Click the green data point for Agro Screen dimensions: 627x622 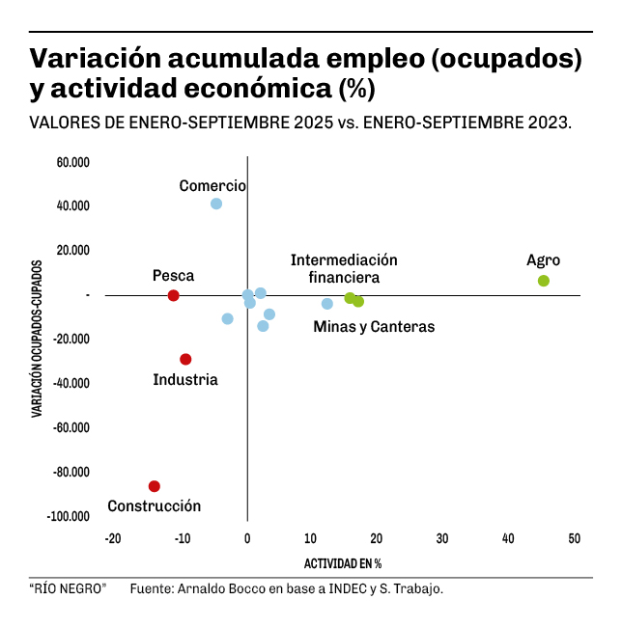tap(544, 281)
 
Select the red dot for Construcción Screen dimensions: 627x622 tap(155, 486)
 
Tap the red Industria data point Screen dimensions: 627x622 tap(185, 360)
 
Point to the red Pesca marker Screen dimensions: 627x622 tap(174, 295)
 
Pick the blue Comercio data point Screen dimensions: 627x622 tap(216, 204)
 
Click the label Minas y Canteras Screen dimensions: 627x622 tap(374, 327)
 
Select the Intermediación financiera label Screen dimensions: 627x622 tap(344, 269)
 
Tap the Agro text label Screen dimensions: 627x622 tap(543, 260)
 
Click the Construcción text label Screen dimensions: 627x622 tap(154, 506)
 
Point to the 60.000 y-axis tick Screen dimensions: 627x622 tap(72, 162)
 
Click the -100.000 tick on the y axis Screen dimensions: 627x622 tap(69, 517)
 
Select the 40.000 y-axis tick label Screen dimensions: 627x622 tap(72, 206)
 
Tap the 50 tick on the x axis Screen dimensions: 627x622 tap(574, 538)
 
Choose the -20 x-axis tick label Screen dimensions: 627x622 tap(113, 538)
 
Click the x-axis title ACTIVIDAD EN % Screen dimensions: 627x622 tap(343, 563)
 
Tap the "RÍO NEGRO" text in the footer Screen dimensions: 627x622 tap(68, 588)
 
